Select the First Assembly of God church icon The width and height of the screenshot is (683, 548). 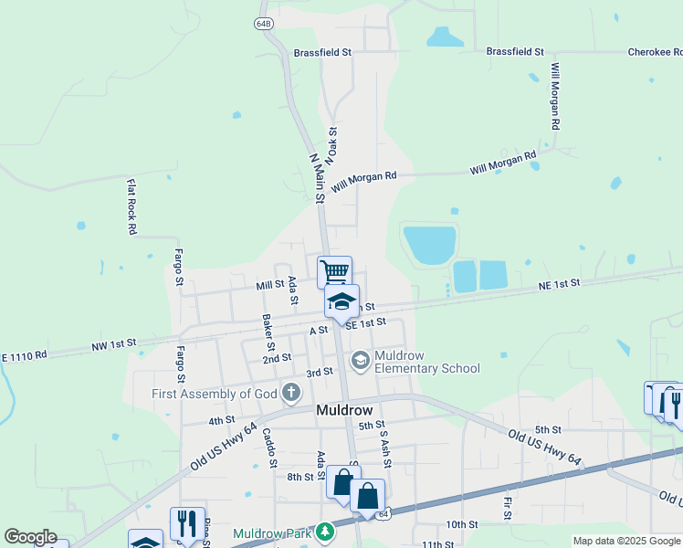coord(291,394)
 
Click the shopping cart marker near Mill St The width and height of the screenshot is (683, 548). coord(335,270)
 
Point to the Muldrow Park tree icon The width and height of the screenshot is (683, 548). coord(324,532)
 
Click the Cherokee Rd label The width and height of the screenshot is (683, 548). coord(655,53)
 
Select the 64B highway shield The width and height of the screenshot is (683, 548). coord(264,23)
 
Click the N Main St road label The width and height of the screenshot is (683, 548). coord(318,172)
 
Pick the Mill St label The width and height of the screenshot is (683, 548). coord(270,285)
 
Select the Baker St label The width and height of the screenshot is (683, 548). coord(268,332)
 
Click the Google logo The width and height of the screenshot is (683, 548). coord(30,537)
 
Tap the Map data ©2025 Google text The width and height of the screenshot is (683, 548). coord(625,541)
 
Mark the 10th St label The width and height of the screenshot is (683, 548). coord(461,524)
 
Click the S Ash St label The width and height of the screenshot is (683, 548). coord(385,449)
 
